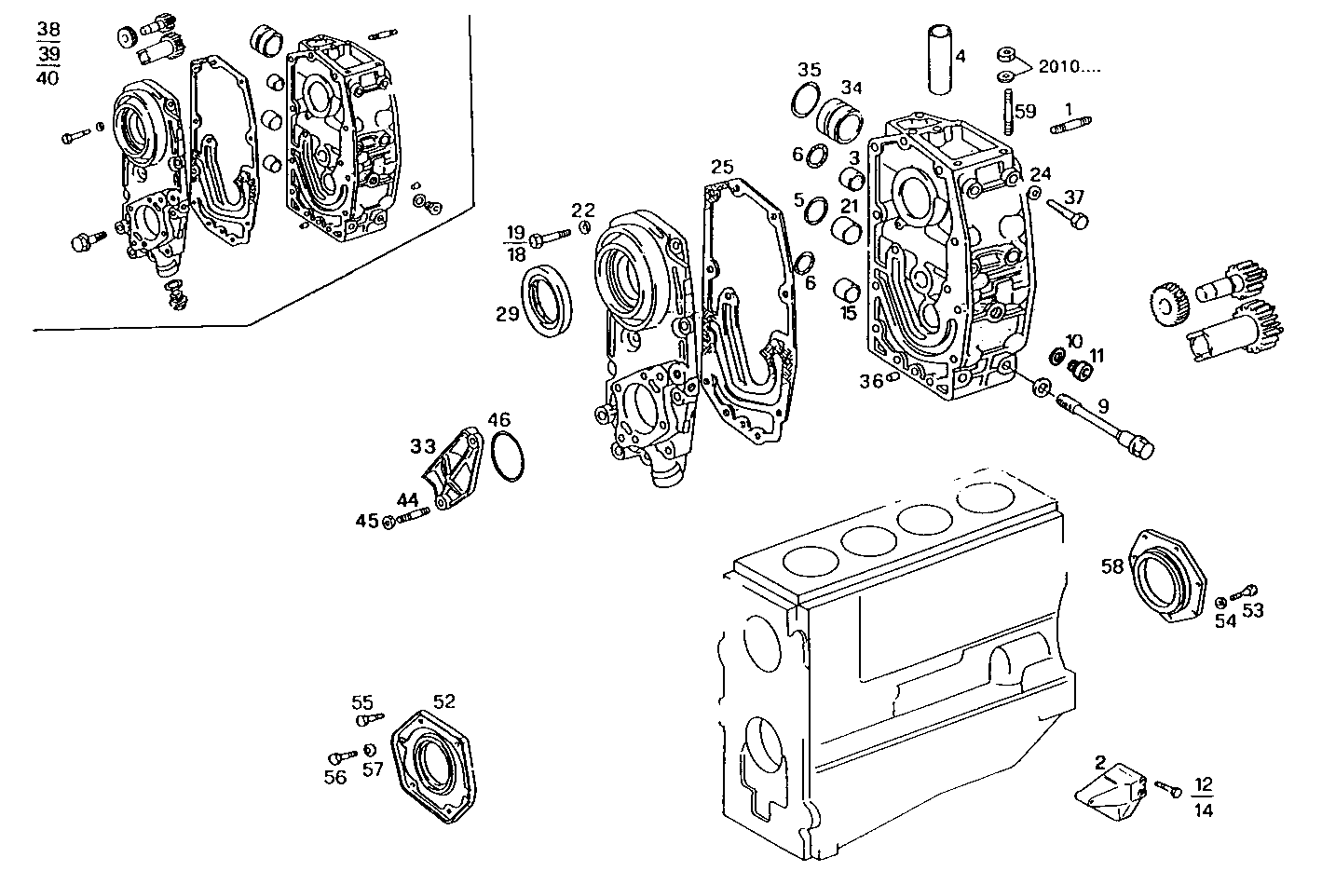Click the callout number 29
click(507, 314)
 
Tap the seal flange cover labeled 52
click(432, 763)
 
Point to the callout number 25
click(722, 168)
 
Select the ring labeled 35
click(805, 98)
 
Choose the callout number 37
click(1074, 197)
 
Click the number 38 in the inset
click(48, 30)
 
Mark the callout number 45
click(366, 521)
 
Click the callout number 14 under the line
click(1203, 810)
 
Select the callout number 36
click(871, 381)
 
